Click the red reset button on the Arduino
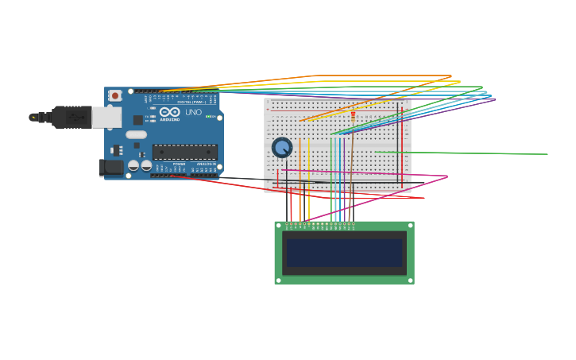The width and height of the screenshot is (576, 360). (115, 95)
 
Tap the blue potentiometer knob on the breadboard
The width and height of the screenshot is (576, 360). (282, 147)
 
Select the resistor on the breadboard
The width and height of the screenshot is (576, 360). (353, 115)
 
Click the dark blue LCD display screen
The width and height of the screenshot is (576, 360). (344, 253)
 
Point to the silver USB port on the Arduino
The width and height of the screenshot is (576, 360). (106, 118)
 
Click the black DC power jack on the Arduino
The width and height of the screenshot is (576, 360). (111, 167)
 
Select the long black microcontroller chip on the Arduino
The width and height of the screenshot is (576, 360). (184, 152)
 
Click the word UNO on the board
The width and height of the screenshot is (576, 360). (193, 112)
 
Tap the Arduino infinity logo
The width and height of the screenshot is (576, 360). (170, 112)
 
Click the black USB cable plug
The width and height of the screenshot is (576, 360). (72, 117)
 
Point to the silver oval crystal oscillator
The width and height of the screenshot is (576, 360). (136, 134)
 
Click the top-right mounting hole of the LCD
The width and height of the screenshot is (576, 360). (410, 226)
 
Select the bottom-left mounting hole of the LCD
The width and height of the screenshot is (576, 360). (278, 280)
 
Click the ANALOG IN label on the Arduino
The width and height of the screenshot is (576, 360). (204, 165)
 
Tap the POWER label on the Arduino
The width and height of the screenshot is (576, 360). (179, 165)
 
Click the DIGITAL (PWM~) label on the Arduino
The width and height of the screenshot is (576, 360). (191, 102)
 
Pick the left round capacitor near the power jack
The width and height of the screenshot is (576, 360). (133, 165)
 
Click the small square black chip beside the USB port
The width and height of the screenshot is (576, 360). (137, 120)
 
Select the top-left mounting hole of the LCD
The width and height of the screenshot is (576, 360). (278, 226)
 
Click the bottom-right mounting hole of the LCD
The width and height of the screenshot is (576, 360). (410, 280)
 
